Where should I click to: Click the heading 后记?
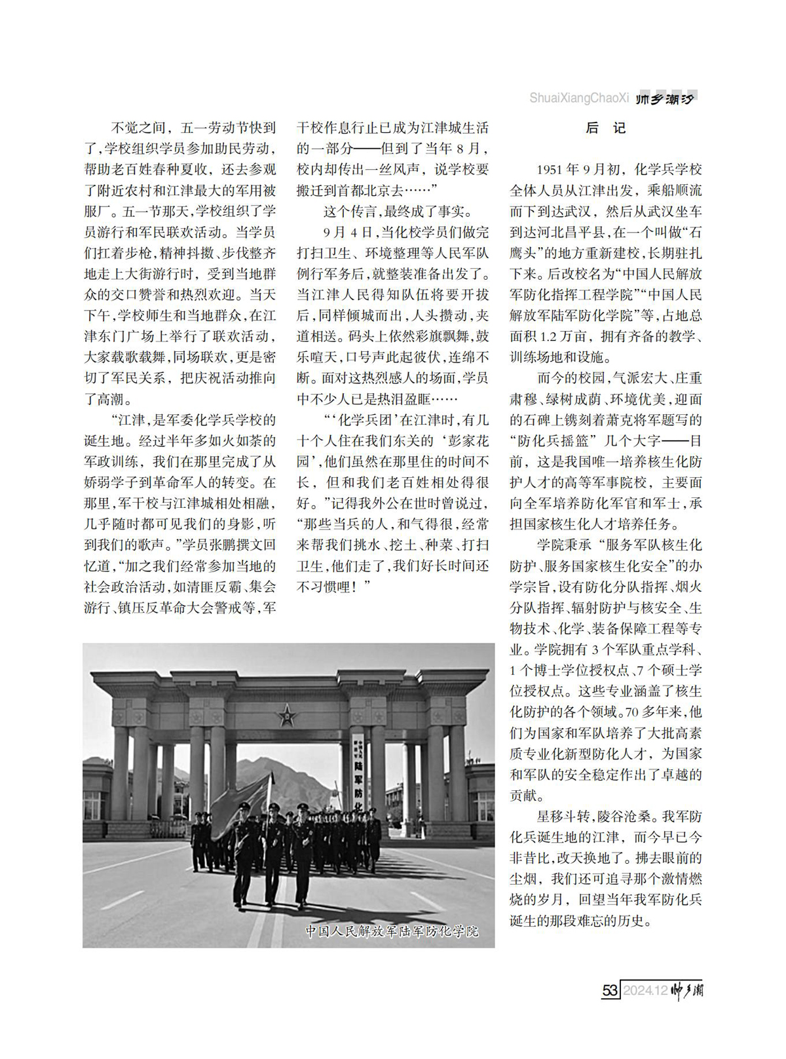(605, 128)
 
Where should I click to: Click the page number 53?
(610, 990)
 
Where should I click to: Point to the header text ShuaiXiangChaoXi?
(579, 98)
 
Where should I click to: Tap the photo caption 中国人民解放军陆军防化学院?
(392, 931)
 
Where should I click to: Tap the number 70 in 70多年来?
(632, 712)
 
